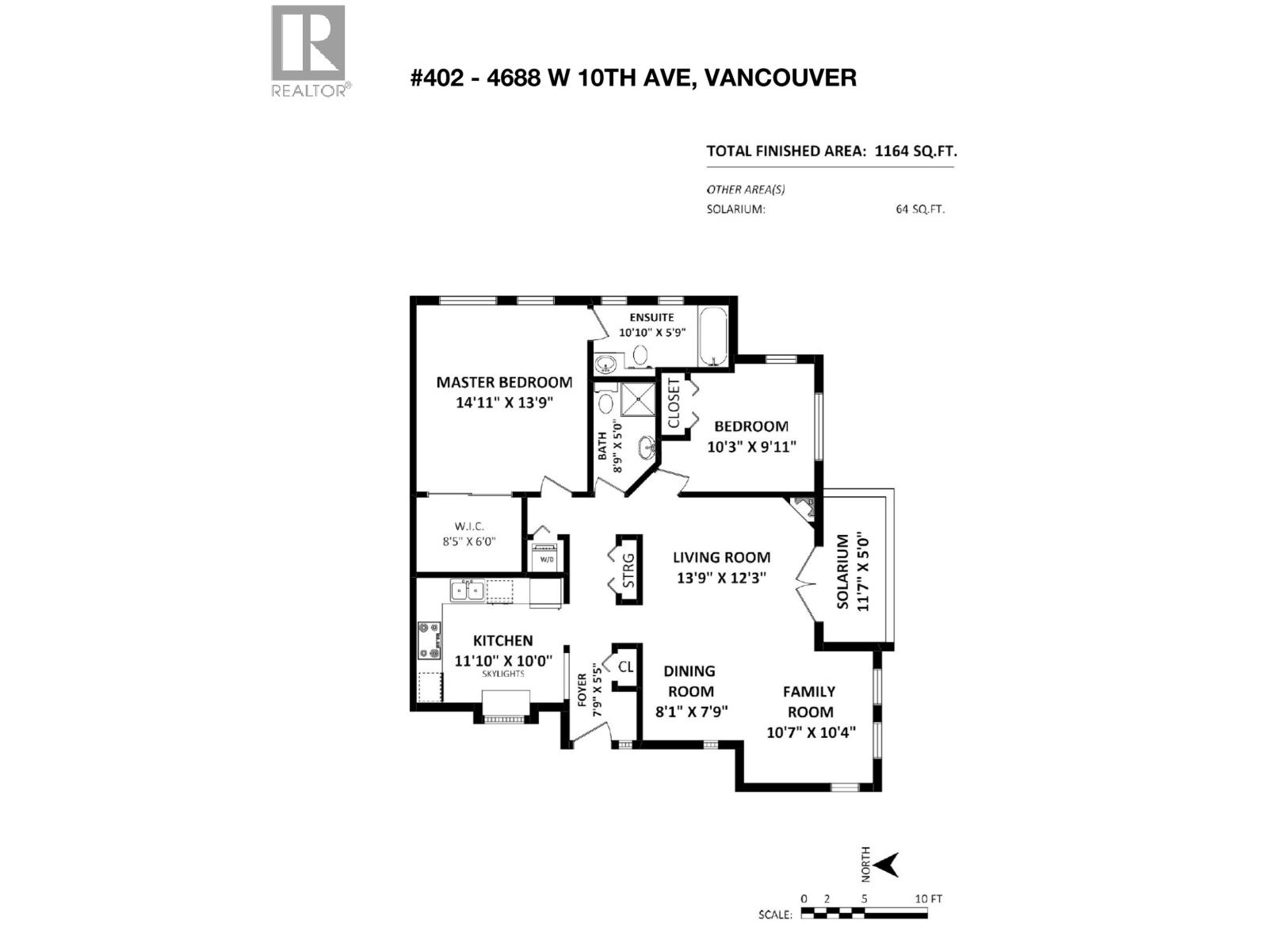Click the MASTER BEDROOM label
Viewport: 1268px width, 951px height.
pos(504,382)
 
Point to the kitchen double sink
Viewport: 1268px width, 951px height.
pos(467,590)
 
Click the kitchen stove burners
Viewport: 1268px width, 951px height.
pos(430,640)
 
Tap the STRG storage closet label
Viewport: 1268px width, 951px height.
pos(628,570)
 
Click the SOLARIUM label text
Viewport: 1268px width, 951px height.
pos(842,571)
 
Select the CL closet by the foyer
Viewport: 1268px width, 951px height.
pos(625,666)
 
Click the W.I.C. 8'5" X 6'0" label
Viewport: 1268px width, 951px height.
pos(469,534)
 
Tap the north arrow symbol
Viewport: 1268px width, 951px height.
pos(888,865)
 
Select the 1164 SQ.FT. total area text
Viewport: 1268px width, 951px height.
pos(910,151)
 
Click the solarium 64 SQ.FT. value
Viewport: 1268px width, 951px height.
pos(920,210)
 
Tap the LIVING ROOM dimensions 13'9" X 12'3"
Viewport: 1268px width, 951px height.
pos(721,578)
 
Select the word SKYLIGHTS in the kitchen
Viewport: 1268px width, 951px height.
pos(503,674)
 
